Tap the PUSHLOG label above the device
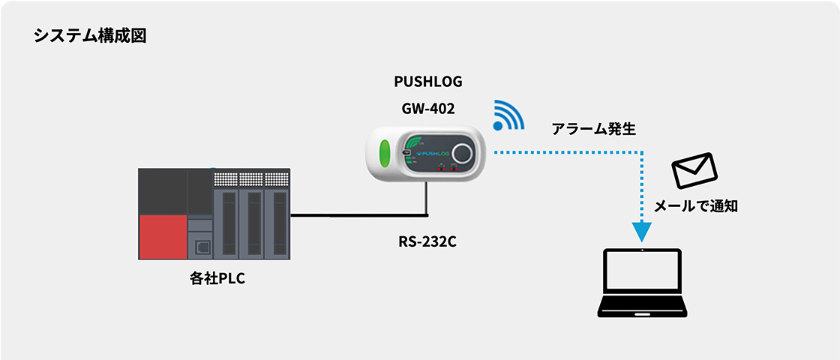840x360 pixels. click(428, 82)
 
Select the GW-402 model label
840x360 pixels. click(428, 108)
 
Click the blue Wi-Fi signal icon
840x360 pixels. click(509, 115)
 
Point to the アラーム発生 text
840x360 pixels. click(594, 129)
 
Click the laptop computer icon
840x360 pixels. click(643, 282)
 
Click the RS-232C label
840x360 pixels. click(428, 242)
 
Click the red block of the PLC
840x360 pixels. click(163, 237)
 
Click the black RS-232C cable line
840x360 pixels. click(352, 216)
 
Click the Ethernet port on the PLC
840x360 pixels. click(200, 247)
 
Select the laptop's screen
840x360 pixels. click(643, 274)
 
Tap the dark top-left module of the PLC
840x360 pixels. click(163, 191)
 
